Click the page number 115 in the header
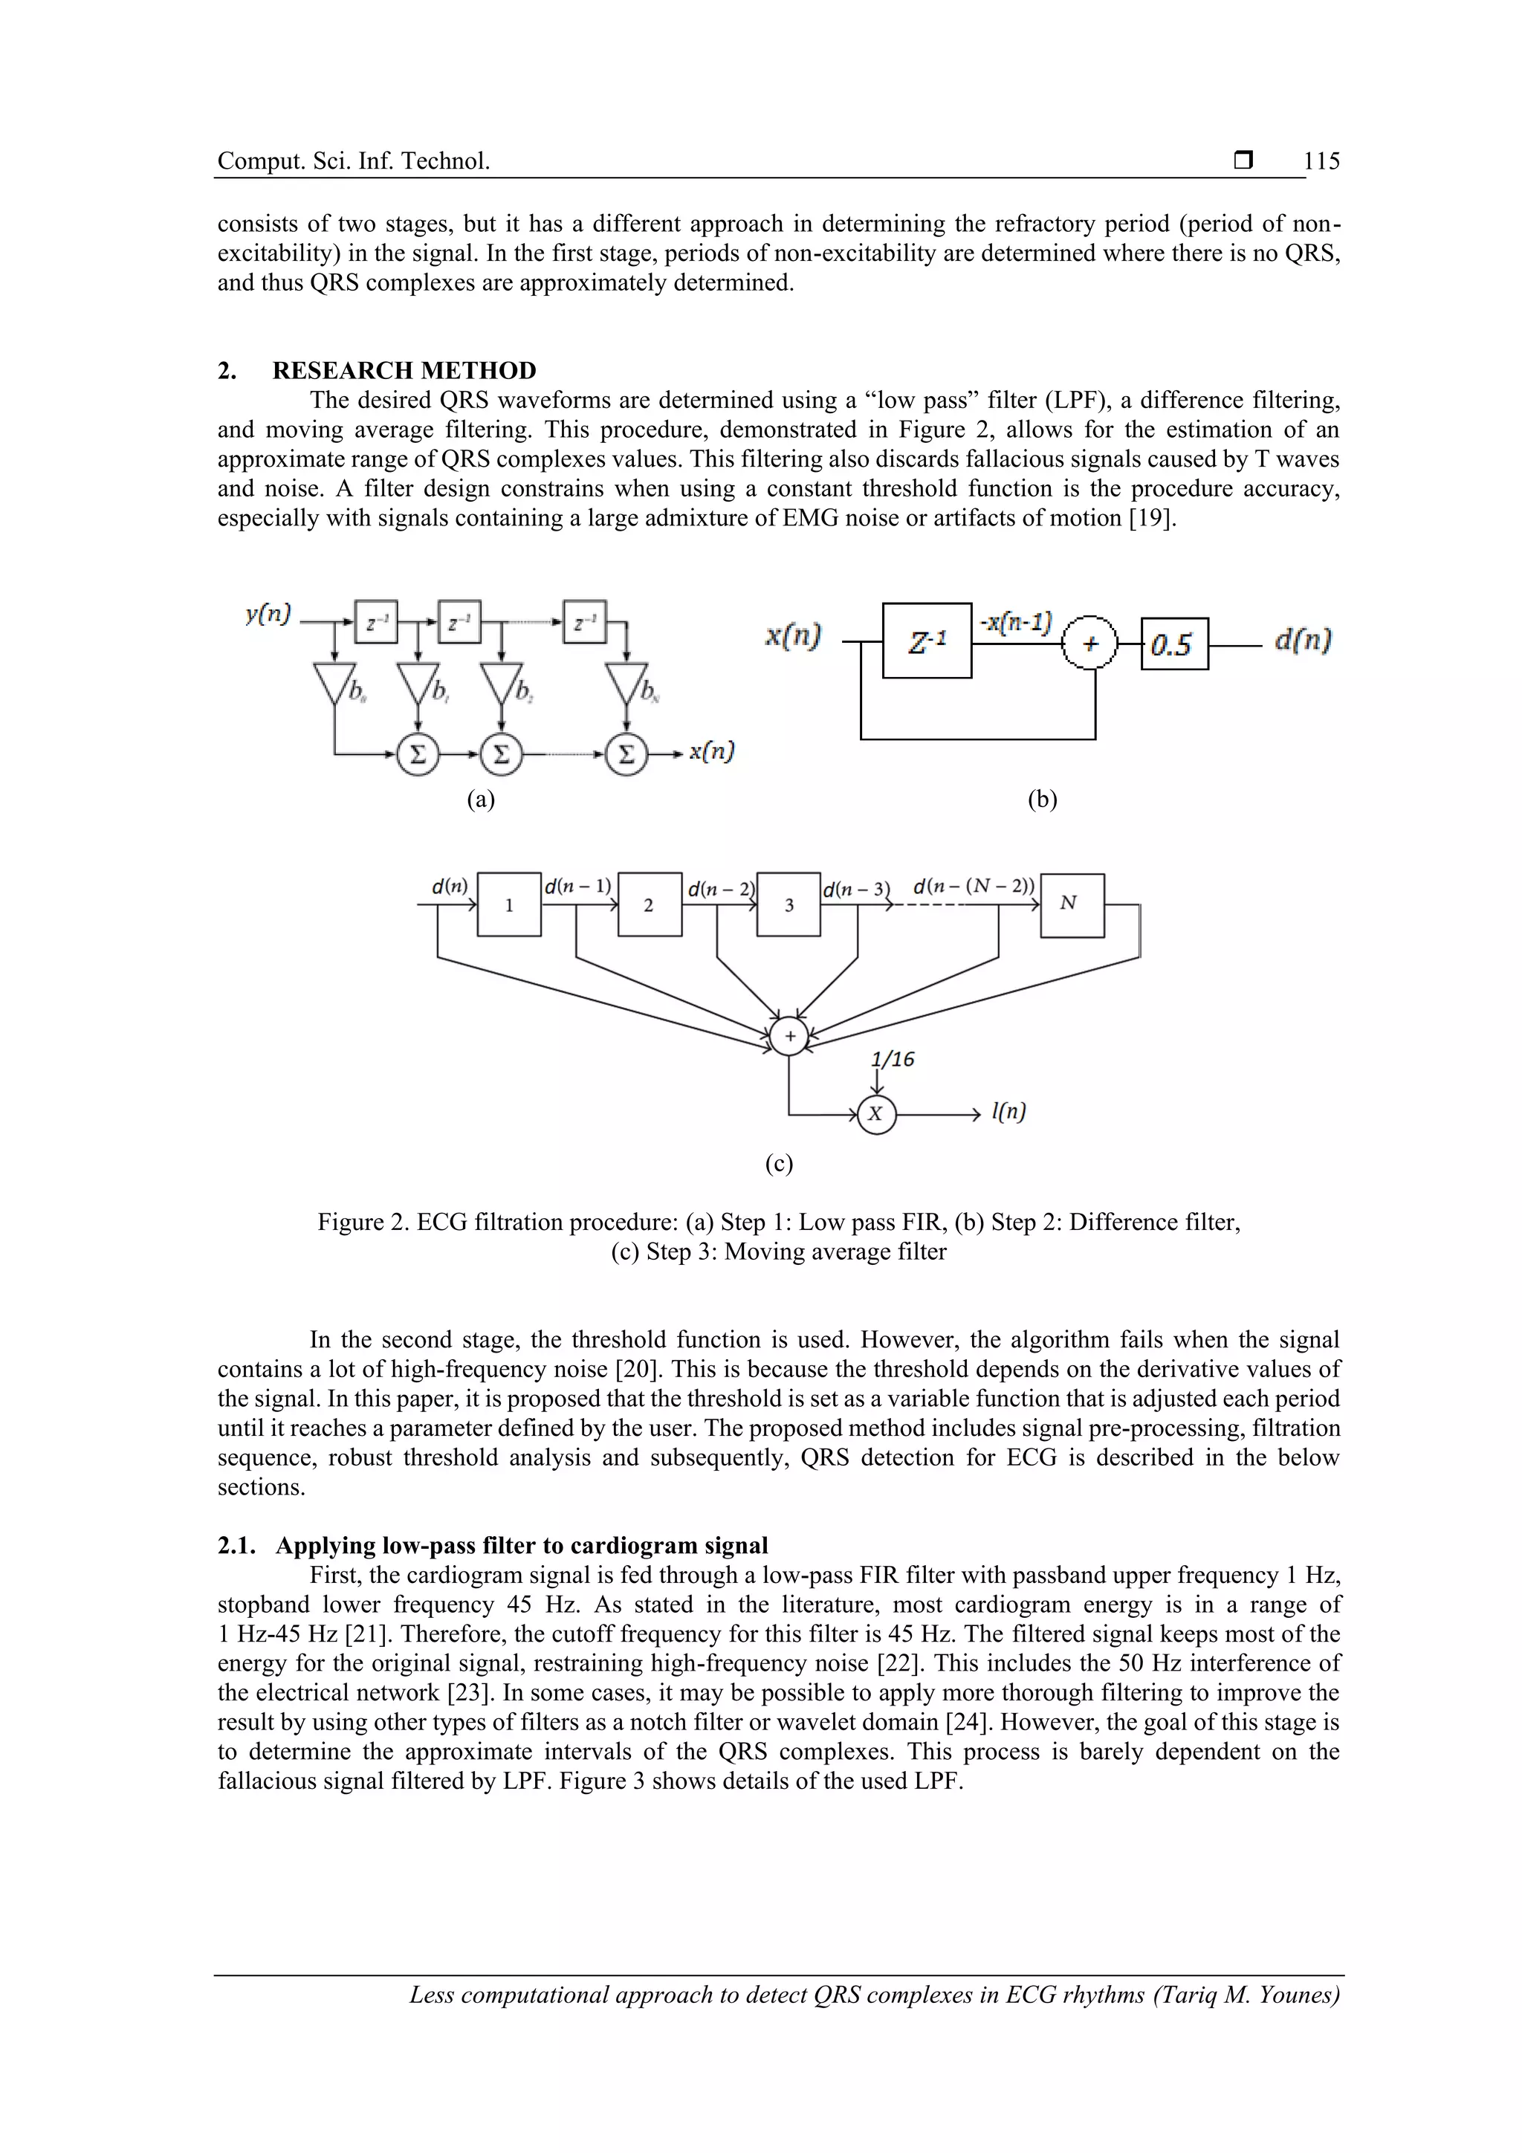(x=1321, y=161)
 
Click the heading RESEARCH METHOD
(x=404, y=370)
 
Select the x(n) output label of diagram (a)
(x=712, y=751)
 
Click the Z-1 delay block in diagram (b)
(x=927, y=641)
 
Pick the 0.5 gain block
(x=1173, y=644)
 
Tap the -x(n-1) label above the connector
(x=1016, y=622)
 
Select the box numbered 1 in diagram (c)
(x=509, y=905)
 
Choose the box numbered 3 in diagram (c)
(x=788, y=905)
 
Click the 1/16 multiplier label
(x=892, y=1060)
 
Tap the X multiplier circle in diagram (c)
(x=876, y=1114)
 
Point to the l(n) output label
(x=1008, y=1112)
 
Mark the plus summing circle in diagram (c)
(x=789, y=1036)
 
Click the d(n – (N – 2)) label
(x=974, y=885)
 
